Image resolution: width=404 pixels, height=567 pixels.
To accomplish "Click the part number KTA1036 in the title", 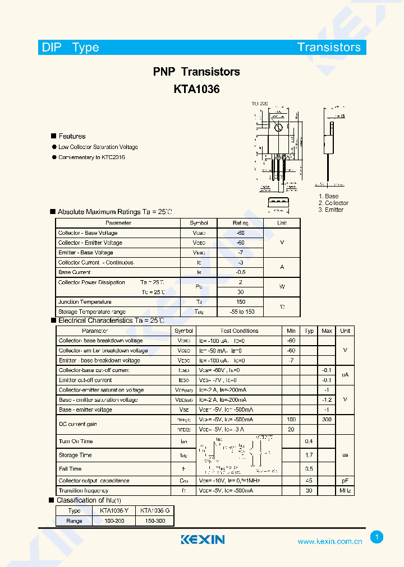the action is click(x=196, y=89).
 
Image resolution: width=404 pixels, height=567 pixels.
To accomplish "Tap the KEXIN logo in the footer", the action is click(x=203, y=540).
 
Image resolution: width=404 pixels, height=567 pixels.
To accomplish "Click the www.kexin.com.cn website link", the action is click(x=329, y=541).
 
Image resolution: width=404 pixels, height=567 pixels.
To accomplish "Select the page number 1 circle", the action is click(x=377, y=537).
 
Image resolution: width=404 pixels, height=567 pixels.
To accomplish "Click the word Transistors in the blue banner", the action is click(x=329, y=47).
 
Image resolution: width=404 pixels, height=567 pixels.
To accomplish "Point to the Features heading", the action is click(x=72, y=136).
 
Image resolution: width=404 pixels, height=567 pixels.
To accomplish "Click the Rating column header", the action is click(x=240, y=223).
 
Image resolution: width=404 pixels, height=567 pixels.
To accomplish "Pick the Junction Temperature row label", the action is click(x=85, y=302).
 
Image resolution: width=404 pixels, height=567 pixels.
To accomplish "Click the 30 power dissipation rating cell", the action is click(x=241, y=292).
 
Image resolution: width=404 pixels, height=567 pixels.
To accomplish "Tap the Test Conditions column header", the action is click(x=239, y=331).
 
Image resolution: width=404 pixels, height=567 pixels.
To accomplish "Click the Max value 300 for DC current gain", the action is click(x=327, y=419).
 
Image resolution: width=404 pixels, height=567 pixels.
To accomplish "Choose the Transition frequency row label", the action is click(x=84, y=490).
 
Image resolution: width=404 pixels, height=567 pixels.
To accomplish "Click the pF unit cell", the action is click(x=345, y=481).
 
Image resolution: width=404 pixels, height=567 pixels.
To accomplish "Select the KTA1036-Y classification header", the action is click(x=114, y=510).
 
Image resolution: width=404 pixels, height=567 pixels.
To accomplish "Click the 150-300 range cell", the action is click(x=154, y=520).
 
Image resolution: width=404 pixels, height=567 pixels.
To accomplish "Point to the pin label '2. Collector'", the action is click(x=333, y=203).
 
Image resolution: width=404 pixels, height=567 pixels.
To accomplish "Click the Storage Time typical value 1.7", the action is click(x=309, y=455).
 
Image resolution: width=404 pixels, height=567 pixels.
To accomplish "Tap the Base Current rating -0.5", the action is click(x=241, y=272).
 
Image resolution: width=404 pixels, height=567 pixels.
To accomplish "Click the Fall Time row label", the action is click(x=70, y=468).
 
